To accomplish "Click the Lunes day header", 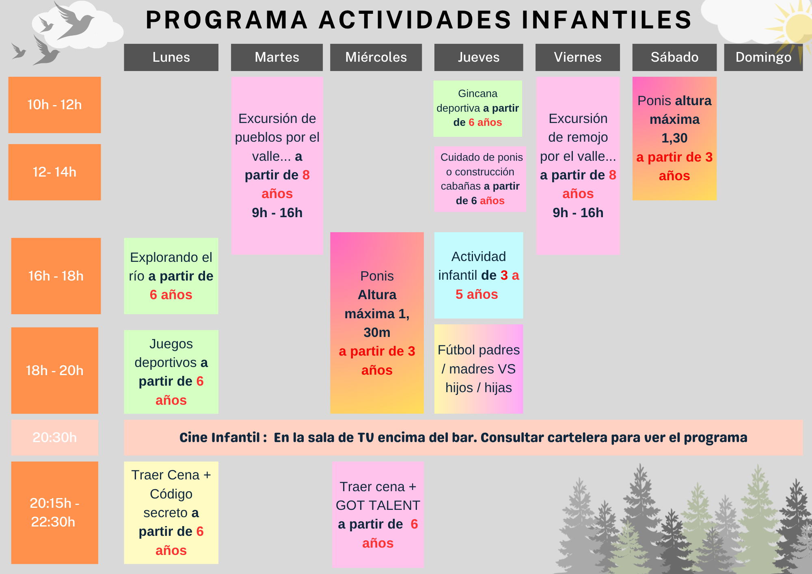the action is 171,57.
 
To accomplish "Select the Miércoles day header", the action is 376,57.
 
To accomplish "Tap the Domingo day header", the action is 763,57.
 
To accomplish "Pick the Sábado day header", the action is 674,57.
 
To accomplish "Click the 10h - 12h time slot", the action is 54,105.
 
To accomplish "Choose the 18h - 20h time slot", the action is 54,370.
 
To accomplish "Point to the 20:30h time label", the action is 54,437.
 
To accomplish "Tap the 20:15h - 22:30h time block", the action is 54,512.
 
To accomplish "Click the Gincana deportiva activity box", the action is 477,108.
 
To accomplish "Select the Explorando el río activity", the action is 171,276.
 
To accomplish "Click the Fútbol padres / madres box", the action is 479,369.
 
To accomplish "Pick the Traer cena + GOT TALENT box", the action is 378,514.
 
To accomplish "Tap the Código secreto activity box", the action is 171,512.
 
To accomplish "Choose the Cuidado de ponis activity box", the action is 480,179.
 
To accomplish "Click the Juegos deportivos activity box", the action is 171,372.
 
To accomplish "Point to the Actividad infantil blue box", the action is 479,275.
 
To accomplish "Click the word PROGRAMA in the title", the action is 227,20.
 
